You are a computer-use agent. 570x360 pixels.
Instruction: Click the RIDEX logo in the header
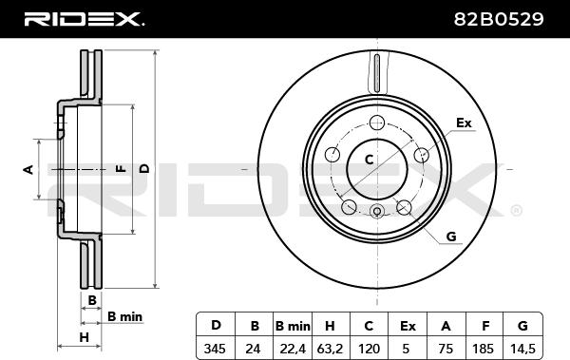coord(84,19)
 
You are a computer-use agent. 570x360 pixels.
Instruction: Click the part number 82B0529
coord(499,19)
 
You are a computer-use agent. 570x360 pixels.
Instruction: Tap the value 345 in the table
coord(216,350)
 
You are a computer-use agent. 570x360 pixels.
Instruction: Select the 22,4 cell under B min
coord(293,350)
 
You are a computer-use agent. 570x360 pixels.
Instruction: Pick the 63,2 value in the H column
coord(330,350)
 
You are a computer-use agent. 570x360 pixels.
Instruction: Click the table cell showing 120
coord(369,350)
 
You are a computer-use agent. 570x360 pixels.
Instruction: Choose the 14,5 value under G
coord(522,350)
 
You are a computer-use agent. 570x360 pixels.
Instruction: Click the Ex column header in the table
coord(408,326)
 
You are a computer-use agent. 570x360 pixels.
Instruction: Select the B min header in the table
coord(293,326)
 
